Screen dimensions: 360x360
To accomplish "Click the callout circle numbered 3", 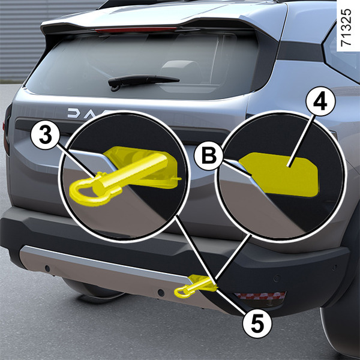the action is [x=46, y=136].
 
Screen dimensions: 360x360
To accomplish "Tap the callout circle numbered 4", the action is [x=320, y=101].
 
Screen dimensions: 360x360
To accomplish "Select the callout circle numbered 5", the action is [x=257, y=323].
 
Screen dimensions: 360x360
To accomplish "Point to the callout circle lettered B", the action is [x=209, y=155].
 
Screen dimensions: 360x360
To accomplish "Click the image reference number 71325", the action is [x=346, y=28].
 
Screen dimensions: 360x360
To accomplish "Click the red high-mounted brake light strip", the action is [x=136, y=29].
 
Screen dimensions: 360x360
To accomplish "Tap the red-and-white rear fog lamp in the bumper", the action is [x=260, y=296].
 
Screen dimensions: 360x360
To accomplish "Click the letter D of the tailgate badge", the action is [x=73, y=113].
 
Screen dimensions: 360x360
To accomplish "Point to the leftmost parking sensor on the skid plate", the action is [x=47, y=268].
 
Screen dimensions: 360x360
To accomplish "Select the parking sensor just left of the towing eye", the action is [x=161, y=293].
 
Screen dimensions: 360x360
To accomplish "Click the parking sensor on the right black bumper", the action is [x=277, y=278].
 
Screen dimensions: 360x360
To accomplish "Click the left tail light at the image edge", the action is [x=7, y=128].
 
